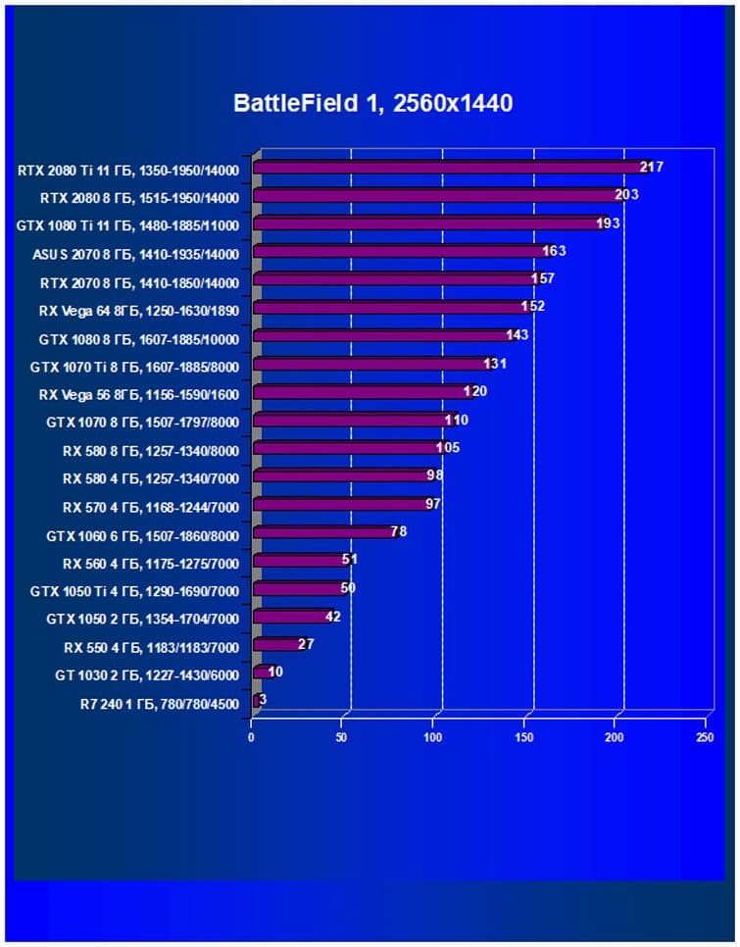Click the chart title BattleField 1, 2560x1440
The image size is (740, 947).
(372, 103)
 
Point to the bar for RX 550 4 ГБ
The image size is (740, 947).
(276, 645)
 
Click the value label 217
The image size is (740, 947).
(652, 168)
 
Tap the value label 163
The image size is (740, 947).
(555, 251)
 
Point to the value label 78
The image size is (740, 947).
(398, 532)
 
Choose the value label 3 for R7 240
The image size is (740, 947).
(263, 700)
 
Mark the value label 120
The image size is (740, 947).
(474, 392)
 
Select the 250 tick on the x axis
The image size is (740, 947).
(705, 737)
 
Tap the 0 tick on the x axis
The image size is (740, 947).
(252, 737)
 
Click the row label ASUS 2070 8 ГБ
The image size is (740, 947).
(135, 253)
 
